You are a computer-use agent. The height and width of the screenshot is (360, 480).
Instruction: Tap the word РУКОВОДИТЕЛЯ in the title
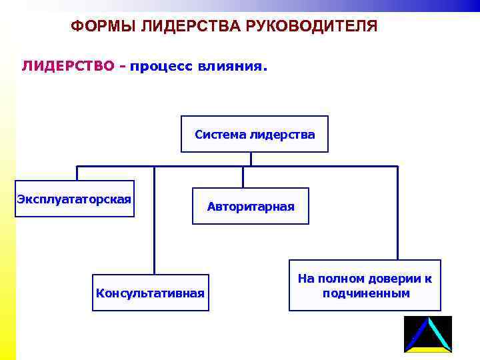coord(319,27)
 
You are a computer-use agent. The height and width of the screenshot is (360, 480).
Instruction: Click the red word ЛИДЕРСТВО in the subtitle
coord(68,67)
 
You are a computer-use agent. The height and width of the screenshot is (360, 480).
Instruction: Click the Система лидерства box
coord(255,135)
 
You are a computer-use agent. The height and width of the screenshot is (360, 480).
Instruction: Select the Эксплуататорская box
coord(75,199)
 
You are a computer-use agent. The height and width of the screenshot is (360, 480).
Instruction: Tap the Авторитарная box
coord(250,207)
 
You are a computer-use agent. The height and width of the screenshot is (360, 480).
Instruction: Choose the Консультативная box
coord(151,293)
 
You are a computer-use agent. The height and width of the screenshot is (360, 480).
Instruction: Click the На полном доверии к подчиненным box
coord(365,285)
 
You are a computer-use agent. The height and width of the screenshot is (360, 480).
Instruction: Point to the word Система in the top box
coord(220,135)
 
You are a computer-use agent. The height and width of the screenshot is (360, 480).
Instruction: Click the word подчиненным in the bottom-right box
coord(365,293)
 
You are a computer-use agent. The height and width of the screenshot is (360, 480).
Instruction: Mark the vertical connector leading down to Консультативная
coord(154,220)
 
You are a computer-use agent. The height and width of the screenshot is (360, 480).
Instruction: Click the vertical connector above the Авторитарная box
coord(243,177)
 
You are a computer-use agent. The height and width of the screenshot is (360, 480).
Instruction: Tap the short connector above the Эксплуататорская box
coord(77,173)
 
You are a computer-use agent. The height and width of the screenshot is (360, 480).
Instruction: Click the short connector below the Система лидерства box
coord(251,159)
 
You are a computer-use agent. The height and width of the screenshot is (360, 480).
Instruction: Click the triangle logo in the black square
coord(428,334)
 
